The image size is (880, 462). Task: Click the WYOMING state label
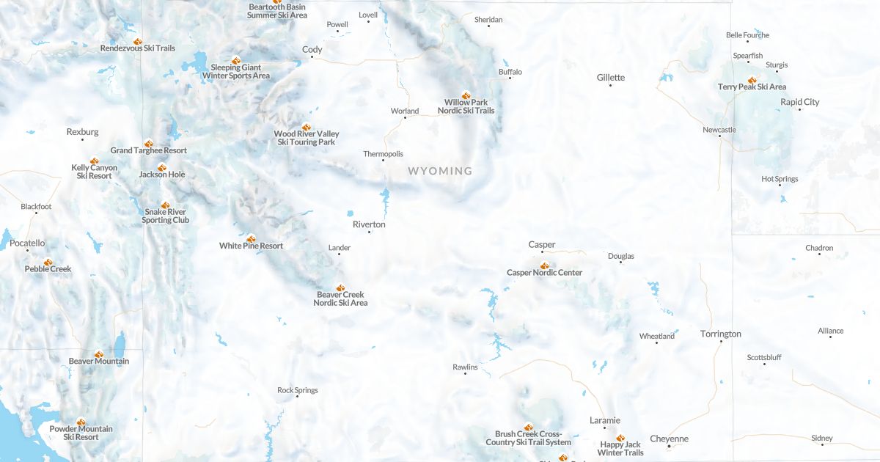click(440, 171)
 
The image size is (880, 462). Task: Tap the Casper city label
click(542, 244)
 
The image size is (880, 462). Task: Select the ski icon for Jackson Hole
click(162, 167)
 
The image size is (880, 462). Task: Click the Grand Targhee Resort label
click(149, 150)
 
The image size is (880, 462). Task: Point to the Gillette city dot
click(610, 86)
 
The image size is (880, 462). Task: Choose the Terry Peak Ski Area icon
click(752, 80)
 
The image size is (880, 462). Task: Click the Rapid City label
click(799, 102)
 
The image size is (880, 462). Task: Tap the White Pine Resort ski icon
click(251, 238)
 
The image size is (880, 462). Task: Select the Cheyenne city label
click(669, 439)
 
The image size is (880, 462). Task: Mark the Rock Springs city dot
click(296, 397)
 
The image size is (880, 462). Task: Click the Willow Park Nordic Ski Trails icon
click(466, 95)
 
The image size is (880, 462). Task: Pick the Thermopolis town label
click(383, 154)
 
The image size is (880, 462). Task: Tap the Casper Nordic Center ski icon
click(544, 265)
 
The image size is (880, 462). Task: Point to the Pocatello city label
click(27, 243)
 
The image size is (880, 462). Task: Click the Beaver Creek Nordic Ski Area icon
click(340, 287)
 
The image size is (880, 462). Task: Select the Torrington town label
click(720, 334)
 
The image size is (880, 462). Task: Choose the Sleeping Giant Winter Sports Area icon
click(235, 60)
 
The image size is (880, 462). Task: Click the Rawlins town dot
click(465, 374)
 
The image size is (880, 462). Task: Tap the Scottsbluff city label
click(764, 357)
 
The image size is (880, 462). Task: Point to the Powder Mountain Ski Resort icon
click(81, 422)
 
